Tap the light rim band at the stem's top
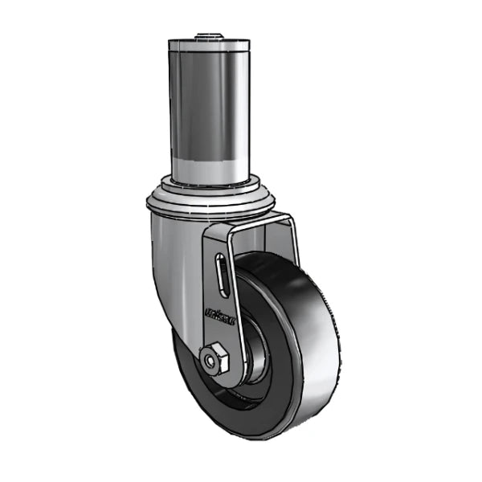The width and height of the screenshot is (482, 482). (209, 47)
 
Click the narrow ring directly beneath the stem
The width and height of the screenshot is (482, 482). (209, 183)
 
